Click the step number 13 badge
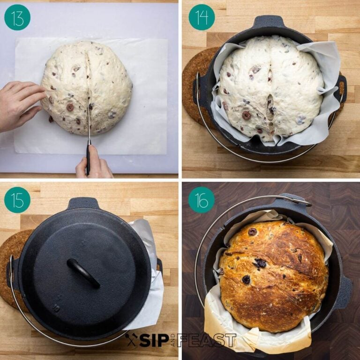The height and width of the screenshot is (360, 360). point(17,17)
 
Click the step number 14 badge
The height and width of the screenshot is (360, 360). point(202,17)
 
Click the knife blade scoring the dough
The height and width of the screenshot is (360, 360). point(89,124)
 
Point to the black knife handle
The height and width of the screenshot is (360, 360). point(88,159)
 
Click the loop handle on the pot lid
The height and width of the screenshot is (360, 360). point(83,272)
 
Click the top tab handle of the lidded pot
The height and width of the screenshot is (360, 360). point(83,203)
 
